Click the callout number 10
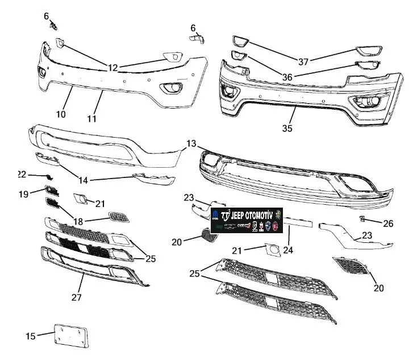[x=61, y=114]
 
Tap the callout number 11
[x=91, y=119]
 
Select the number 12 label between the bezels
[x=113, y=68]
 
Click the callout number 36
[x=287, y=77]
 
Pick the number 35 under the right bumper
[x=287, y=129]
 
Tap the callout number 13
[x=191, y=143]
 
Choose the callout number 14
[x=84, y=180]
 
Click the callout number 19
[x=23, y=194]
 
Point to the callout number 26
[x=388, y=223]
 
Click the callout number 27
[x=76, y=297]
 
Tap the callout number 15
[x=31, y=336]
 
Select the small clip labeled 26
[x=361, y=219]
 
